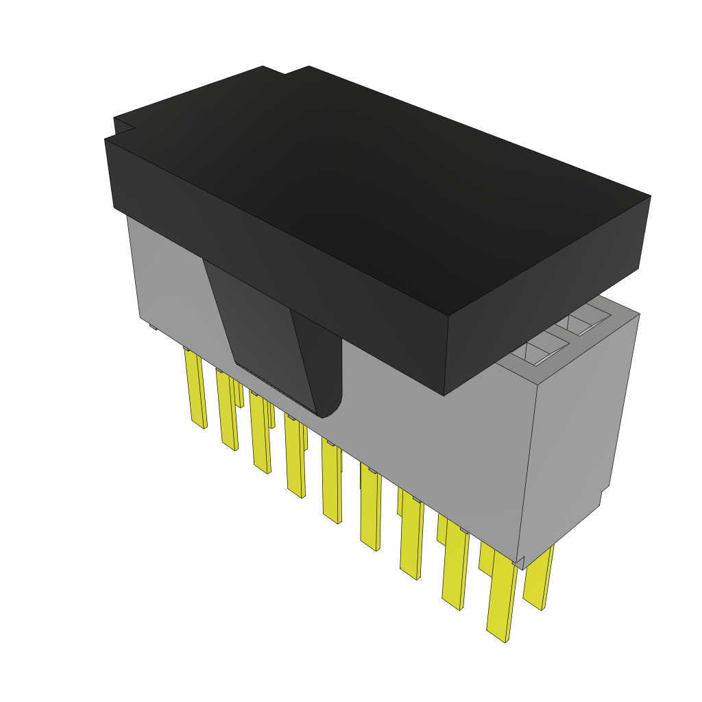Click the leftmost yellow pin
(x=195, y=387)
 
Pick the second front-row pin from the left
(x=228, y=411)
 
